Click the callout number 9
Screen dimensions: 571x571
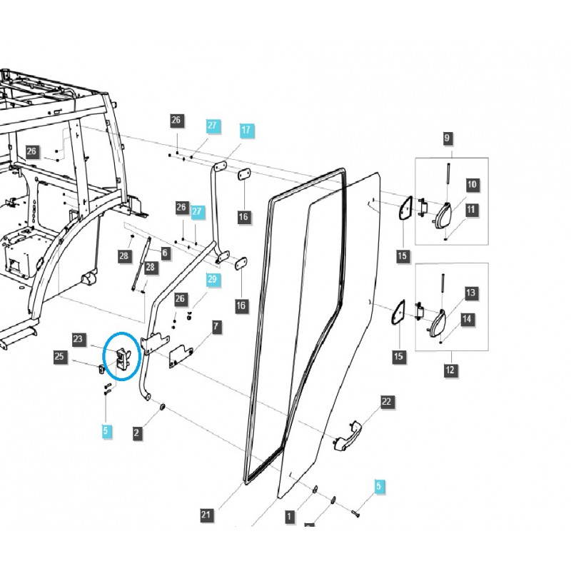[448, 138]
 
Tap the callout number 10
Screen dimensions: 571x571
[472, 184]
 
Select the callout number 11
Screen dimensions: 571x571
[472, 210]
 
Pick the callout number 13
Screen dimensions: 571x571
[470, 293]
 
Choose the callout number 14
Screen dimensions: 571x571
[468, 319]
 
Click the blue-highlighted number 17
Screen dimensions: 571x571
[246, 130]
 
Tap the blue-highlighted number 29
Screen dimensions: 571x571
[212, 279]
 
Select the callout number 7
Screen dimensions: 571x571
[216, 327]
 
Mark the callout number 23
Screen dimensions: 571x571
[78, 339]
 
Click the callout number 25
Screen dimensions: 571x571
[59, 355]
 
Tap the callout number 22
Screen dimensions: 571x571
[386, 402]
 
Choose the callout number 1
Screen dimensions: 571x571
[289, 515]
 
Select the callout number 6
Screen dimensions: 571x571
[165, 252]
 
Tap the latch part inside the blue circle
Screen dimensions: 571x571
[121, 358]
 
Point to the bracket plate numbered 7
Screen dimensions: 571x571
[181, 354]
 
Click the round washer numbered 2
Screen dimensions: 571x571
[163, 406]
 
